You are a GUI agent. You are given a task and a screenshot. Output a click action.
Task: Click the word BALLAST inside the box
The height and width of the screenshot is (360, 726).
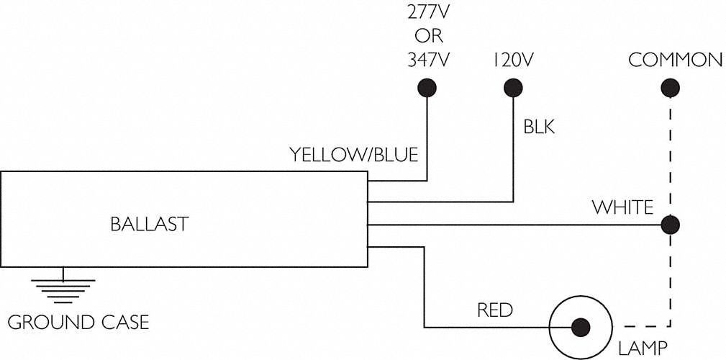point(149,224)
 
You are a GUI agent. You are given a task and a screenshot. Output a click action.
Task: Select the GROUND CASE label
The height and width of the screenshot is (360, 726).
point(78,321)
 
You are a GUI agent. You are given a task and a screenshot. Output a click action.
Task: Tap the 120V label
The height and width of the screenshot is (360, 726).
point(513,60)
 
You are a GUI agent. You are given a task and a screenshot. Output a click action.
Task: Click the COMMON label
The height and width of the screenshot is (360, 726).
point(675,60)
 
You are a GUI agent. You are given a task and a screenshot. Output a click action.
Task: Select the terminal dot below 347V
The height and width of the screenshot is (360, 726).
point(427,88)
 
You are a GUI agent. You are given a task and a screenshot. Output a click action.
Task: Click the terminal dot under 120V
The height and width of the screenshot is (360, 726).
point(513,88)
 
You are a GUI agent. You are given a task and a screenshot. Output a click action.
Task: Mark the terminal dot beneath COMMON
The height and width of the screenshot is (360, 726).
point(671,88)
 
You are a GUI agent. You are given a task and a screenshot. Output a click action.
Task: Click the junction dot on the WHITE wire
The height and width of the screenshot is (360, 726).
point(671,225)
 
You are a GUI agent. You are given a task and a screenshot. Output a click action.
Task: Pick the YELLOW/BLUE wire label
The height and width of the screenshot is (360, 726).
point(353,155)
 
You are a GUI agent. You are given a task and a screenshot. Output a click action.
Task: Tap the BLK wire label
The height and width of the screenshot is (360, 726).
point(539,127)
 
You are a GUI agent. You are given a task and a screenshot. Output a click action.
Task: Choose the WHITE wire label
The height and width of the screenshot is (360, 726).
point(622,208)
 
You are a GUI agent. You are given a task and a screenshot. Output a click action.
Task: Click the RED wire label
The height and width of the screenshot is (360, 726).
point(495,311)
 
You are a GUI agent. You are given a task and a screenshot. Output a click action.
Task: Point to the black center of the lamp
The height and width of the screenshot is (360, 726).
point(581,325)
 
